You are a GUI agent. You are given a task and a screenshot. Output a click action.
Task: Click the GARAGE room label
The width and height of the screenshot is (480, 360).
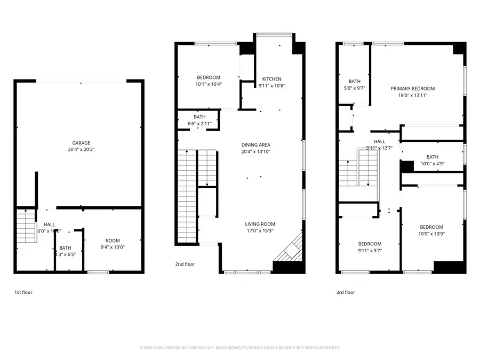point(81,142)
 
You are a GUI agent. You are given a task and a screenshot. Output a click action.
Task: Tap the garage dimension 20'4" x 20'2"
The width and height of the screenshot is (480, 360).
point(81,149)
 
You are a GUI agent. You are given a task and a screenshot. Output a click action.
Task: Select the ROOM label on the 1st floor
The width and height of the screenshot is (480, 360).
point(113,240)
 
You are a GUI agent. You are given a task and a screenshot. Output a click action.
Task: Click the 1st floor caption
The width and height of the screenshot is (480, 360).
point(23,292)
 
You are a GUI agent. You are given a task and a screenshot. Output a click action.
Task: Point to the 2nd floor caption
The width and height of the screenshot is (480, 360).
point(185,264)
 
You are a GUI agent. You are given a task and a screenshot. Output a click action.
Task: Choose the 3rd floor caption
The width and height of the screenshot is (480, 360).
point(346,292)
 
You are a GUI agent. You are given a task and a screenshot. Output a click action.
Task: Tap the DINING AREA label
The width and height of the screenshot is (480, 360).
point(256,145)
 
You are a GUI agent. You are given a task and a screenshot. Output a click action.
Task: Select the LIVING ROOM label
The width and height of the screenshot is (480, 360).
point(260,224)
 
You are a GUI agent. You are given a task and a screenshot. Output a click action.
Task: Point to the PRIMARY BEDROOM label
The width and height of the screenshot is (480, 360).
point(412,89)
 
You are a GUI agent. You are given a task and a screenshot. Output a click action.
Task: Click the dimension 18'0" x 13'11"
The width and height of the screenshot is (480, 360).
point(412,95)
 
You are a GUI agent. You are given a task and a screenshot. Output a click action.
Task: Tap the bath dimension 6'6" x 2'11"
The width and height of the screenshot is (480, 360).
point(199,124)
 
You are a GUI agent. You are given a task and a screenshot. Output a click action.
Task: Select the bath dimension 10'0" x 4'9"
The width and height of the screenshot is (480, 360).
point(432,164)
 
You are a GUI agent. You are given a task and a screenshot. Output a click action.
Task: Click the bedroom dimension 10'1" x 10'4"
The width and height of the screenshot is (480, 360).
point(209,84)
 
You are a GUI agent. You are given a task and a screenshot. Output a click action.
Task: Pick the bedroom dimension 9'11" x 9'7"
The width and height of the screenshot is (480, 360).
point(370,250)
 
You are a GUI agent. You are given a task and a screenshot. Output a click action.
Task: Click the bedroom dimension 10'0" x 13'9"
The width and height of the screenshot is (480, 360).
point(431,234)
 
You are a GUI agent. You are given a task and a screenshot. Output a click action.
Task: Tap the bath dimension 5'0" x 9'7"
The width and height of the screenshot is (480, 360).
point(354,89)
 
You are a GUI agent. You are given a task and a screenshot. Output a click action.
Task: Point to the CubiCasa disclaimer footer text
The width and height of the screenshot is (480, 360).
point(239,348)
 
